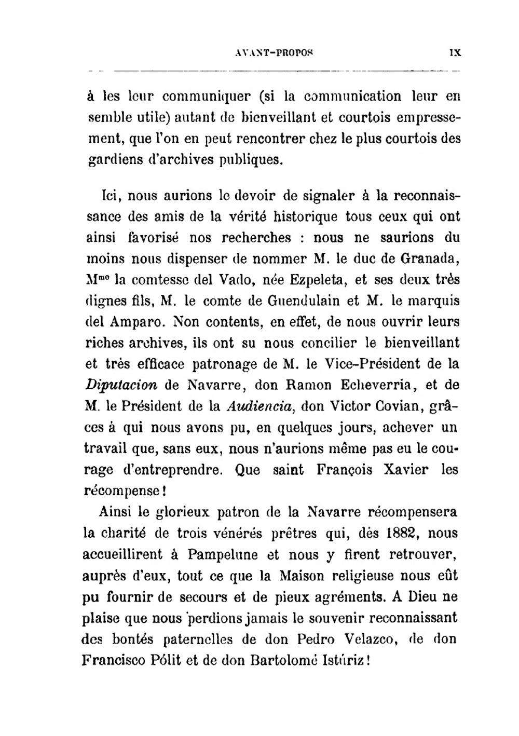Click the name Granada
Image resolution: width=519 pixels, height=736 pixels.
433,258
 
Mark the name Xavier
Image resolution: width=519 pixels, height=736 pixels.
404,470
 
